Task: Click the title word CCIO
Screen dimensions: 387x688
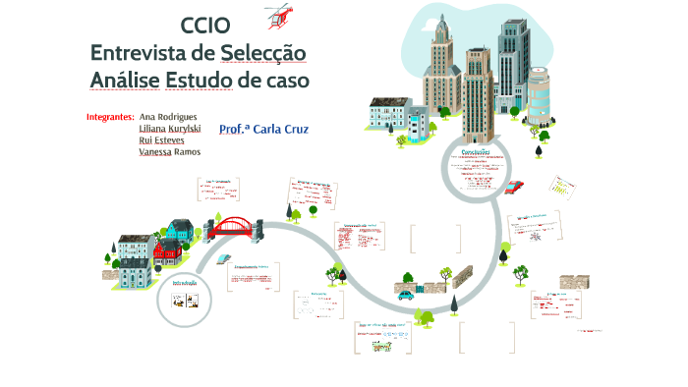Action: (205, 26)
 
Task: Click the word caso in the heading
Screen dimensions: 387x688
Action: (284, 79)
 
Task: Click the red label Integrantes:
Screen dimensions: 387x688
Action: (110, 116)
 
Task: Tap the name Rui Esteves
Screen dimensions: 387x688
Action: (162, 139)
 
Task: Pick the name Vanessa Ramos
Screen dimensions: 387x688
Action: (170, 151)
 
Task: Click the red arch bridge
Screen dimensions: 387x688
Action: (234, 228)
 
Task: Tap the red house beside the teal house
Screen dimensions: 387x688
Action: (168, 253)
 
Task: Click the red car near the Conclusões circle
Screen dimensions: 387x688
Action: (515, 186)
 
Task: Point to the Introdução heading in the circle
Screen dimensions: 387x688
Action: (185, 283)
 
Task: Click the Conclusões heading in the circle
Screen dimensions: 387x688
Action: (483, 150)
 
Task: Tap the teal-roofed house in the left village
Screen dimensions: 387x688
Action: (180, 233)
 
